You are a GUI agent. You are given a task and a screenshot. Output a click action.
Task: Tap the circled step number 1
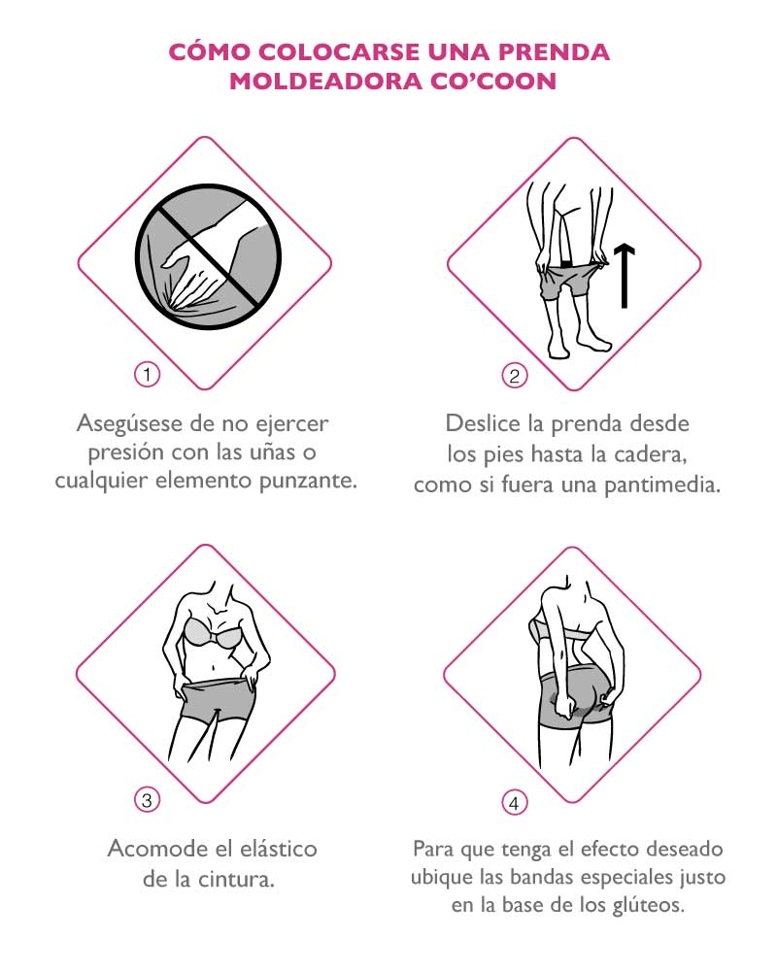[x=147, y=374]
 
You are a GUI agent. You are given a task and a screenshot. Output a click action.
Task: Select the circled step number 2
[x=515, y=375]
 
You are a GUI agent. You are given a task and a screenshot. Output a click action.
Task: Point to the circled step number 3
[x=147, y=800]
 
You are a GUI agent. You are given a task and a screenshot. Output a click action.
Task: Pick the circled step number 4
[x=515, y=803]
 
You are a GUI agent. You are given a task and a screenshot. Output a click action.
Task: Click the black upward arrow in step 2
[x=625, y=276]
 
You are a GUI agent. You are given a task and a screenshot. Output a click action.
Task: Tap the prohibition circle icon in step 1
[x=209, y=257]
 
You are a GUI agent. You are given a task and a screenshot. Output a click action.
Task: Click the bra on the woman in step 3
[x=212, y=632]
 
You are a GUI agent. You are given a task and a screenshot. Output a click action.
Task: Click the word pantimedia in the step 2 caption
[x=662, y=485]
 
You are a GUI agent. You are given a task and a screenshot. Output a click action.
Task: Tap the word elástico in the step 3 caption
[x=279, y=849]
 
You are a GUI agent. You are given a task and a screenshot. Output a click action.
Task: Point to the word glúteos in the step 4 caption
[x=648, y=905]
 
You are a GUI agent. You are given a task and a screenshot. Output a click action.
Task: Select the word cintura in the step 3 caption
[x=236, y=880]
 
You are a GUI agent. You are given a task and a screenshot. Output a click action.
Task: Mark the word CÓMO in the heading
[x=210, y=51]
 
